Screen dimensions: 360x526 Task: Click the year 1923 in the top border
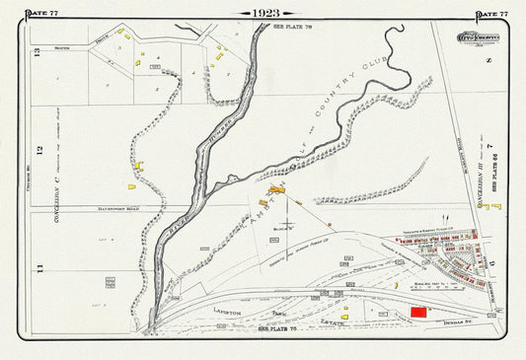coord(263,13)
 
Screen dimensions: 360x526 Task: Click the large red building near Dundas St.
coord(419,311)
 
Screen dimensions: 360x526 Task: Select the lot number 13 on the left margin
coord(38,54)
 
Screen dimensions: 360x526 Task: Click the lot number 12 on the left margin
coord(40,150)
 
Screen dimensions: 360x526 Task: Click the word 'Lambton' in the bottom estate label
coord(228,310)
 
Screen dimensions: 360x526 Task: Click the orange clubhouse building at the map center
coord(276,188)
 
